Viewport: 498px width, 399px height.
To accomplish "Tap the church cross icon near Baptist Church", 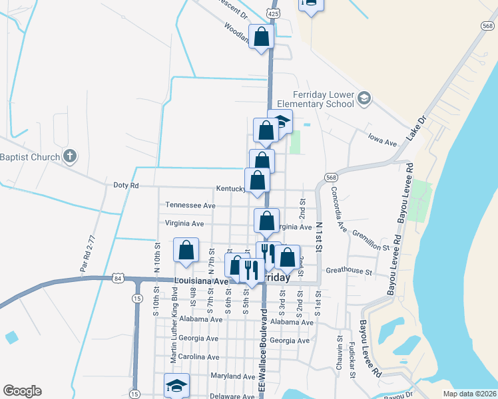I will tap(69, 157).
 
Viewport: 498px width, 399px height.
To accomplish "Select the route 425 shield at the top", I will tap(272, 13).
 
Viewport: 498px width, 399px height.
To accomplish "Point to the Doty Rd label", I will tap(125, 186).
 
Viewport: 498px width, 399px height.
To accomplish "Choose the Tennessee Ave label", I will tap(190, 205).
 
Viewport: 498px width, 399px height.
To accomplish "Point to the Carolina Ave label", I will tap(199, 356).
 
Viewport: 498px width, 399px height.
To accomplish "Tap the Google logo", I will tap(22, 391).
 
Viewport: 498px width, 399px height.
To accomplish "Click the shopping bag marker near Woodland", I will tap(261, 37).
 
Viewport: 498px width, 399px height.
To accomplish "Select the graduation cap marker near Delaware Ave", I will tap(177, 385).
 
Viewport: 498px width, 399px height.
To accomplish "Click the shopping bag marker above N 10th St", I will tap(186, 250).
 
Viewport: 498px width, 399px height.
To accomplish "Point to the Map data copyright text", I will tap(469, 393).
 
